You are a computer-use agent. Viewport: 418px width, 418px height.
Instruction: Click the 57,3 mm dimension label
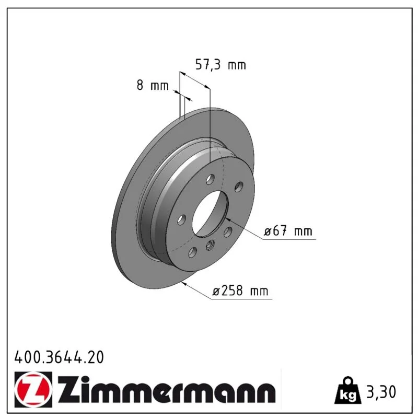coord(220,65)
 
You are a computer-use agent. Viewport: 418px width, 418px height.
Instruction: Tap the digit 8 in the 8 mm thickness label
coord(140,85)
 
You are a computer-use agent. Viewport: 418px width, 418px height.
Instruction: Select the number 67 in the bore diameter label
coord(280,230)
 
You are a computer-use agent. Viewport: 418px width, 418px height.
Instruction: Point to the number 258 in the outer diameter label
coord(231,291)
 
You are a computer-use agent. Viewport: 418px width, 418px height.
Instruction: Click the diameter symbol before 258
coord(216,292)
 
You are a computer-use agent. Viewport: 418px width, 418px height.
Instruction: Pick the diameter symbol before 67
coord(268,232)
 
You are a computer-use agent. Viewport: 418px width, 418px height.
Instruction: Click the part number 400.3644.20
coord(59,357)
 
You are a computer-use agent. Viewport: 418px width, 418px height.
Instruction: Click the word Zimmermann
coord(167,390)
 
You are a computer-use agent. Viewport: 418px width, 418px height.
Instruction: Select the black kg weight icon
coord(348,391)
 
